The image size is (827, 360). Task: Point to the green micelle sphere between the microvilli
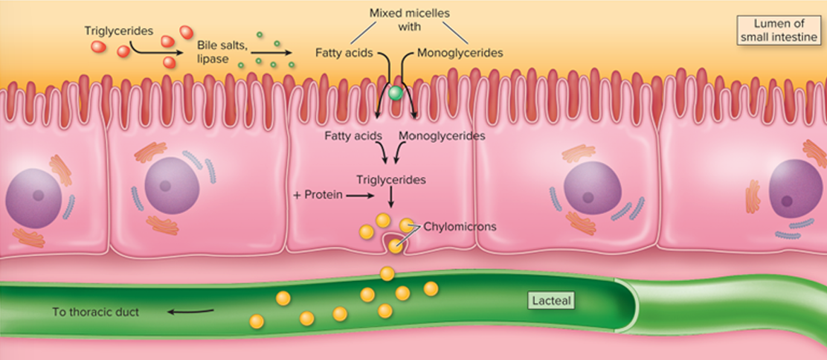[x=396, y=94]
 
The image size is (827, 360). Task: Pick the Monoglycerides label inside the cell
[x=442, y=136]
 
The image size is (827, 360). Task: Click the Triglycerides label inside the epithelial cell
[x=390, y=180]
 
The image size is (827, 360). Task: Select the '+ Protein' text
[x=318, y=196]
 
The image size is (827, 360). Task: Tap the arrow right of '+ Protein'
[x=361, y=196]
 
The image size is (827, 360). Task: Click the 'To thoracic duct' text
[x=95, y=312]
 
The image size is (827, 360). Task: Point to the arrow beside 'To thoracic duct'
[x=190, y=312]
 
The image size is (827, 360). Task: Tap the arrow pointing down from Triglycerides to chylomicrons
[x=390, y=198]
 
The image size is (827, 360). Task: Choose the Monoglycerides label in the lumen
[x=459, y=53]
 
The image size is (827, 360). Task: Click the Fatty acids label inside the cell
[x=353, y=136]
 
